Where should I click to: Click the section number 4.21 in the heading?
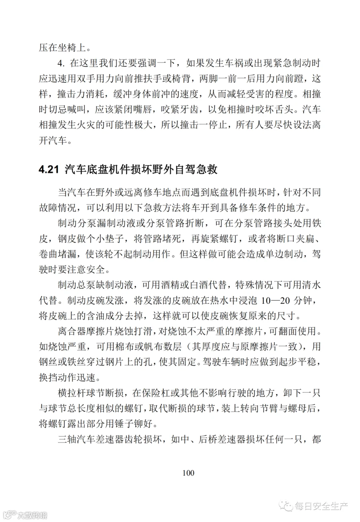coord(49,169)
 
